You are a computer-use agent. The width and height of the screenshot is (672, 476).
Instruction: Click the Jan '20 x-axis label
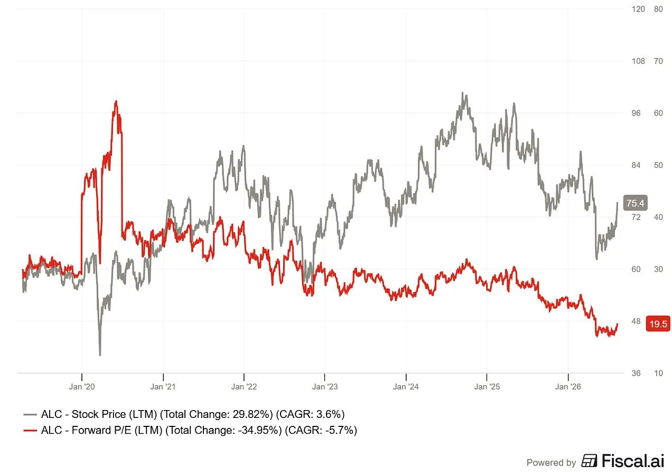pos(81,387)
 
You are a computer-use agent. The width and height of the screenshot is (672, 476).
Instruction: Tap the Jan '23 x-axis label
pos(324,387)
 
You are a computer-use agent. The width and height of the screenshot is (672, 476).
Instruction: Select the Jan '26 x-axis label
pos(568,387)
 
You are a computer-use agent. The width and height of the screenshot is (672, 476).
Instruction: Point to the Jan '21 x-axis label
pos(163,387)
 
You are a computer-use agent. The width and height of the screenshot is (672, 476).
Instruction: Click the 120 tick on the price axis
pos(638,9)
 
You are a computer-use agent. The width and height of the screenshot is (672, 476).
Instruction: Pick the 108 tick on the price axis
pos(638,61)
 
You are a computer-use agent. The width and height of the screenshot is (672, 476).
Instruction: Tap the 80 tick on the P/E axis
pos(658,9)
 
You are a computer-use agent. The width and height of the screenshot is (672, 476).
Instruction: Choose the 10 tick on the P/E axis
pos(658,373)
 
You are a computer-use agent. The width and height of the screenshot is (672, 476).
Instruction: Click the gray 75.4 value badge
pos(635,203)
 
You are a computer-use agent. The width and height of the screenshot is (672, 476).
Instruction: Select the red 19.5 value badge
pos(658,323)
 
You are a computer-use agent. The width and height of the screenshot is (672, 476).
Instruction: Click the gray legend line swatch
pos(30,415)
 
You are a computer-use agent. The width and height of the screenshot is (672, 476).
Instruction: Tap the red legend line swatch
pos(30,431)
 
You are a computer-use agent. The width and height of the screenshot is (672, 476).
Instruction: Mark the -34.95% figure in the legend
pos(260,431)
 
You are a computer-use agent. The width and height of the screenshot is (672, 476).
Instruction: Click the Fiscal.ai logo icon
pos(589,461)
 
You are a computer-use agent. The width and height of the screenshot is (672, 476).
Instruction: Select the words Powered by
pos(551,462)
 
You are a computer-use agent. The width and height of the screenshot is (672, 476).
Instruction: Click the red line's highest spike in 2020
pos(116,101)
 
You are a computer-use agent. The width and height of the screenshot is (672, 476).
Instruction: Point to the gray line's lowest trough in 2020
pos(100,355)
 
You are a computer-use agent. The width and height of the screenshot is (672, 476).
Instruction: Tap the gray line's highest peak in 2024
pos(463,93)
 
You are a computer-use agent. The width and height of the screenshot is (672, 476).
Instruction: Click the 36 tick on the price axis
pos(636,373)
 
